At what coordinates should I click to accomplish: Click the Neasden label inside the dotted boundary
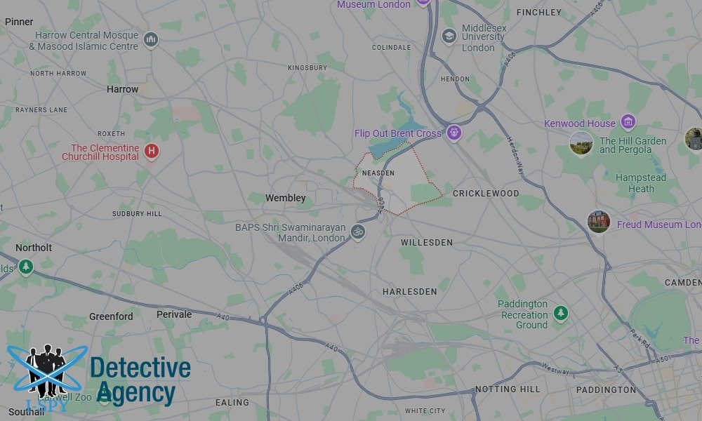(x=378, y=173)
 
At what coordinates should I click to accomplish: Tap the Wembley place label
(x=285, y=199)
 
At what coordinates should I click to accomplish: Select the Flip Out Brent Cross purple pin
(x=454, y=133)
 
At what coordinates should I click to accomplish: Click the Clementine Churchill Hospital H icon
(x=151, y=151)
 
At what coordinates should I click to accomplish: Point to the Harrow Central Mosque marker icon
(x=150, y=40)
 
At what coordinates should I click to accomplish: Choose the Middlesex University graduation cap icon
(x=449, y=36)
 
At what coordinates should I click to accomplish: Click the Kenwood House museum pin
(x=628, y=123)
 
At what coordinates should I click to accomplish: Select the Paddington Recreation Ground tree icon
(x=560, y=313)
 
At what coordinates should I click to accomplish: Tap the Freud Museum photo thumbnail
(x=599, y=222)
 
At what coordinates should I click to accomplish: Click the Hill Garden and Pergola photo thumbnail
(x=581, y=143)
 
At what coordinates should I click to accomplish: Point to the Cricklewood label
(x=486, y=193)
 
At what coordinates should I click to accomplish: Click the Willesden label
(x=426, y=242)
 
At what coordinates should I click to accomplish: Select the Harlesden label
(x=410, y=291)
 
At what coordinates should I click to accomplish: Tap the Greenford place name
(x=111, y=316)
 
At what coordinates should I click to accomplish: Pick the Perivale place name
(x=174, y=314)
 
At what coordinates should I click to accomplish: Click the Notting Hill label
(x=508, y=389)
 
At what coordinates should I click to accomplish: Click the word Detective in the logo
(x=140, y=368)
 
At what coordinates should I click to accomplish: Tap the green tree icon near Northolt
(x=26, y=267)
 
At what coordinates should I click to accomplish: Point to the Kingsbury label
(x=307, y=67)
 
